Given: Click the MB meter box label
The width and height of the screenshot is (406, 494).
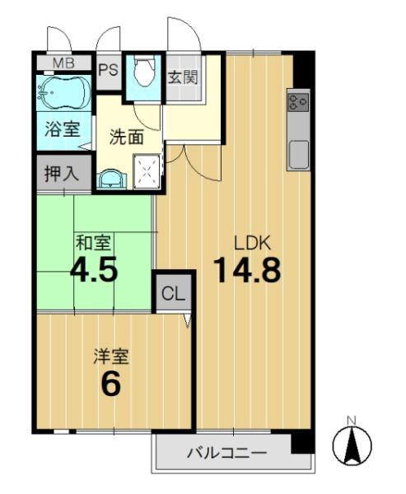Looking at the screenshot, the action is click(63, 63).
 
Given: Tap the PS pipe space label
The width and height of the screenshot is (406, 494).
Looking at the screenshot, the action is click(109, 70).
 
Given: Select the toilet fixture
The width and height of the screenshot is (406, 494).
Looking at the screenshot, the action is click(144, 71).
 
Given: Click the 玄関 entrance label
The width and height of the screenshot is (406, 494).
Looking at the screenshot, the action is click(183, 77).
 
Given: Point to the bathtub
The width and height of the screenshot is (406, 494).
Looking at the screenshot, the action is click(64, 92).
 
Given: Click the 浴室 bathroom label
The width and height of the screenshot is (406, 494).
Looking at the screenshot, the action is click(63, 129).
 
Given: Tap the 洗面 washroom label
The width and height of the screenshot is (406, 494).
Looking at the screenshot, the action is click(127, 137).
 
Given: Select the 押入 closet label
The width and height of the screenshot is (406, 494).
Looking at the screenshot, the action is click(62, 174).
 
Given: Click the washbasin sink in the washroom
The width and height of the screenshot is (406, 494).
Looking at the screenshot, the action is click(110, 179).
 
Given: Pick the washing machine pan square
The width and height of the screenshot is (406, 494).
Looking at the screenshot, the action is click(147, 172).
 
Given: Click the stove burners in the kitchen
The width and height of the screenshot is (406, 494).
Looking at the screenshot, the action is click(298, 102).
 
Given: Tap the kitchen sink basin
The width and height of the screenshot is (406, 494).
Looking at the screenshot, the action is click(298, 155).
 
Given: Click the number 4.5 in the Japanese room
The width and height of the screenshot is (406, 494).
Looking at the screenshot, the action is click(94, 268).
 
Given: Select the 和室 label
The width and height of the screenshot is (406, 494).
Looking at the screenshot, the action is click(93, 243).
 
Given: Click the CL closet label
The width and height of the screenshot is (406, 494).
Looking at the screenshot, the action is click(173, 294).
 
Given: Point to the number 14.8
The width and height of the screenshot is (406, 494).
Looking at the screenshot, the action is click(247, 270).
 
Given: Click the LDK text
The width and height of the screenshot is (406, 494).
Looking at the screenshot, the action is click(252, 243).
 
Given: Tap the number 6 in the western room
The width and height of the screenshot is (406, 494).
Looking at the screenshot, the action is click(111, 384).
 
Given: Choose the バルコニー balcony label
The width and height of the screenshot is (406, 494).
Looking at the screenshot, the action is click(227, 454).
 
